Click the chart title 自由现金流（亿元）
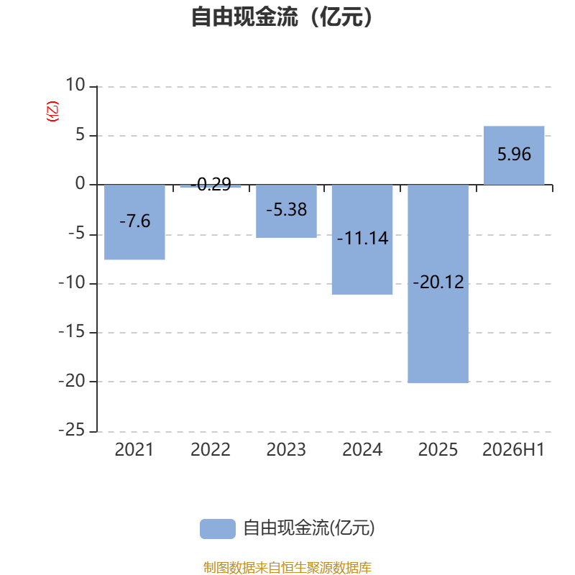tap(282, 17)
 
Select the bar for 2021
tap(134, 222)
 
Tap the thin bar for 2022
tap(211, 186)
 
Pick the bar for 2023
tap(286, 211)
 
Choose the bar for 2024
tap(362, 239)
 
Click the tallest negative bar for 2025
tap(438, 284)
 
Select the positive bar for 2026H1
tap(514, 155)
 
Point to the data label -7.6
tap(135, 221)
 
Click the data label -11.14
tap(362, 239)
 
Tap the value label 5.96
tap(514, 154)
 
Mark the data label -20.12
tap(438, 282)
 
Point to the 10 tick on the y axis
tap(75, 85)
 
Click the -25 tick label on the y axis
tap(71, 430)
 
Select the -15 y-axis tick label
tap(71, 332)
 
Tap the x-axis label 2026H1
tap(513, 450)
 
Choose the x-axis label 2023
tap(286, 450)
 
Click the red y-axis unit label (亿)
tap(52, 111)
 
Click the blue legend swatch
tap(218, 529)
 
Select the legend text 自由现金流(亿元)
tap(309, 528)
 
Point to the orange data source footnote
tap(287, 567)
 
